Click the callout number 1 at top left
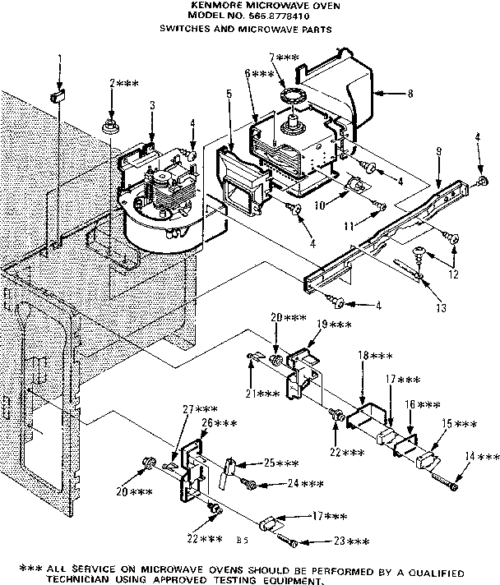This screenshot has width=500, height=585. point(59,58)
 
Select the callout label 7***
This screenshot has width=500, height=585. point(284,58)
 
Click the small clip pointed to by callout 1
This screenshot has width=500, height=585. point(58,97)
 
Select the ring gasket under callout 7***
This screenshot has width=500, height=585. point(291,99)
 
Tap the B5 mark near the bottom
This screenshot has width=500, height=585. point(241,541)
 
